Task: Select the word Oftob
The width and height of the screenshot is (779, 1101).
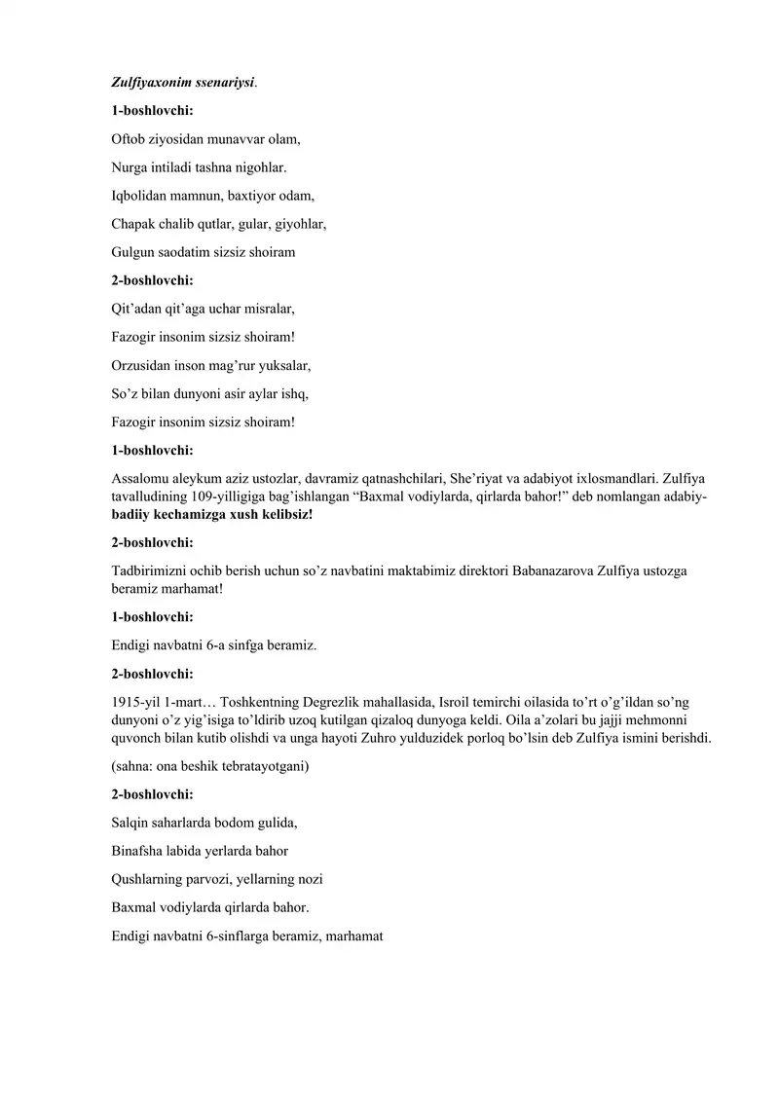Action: [129, 139]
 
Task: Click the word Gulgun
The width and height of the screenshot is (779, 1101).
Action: [133, 252]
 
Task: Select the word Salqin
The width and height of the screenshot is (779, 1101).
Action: [131, 823]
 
